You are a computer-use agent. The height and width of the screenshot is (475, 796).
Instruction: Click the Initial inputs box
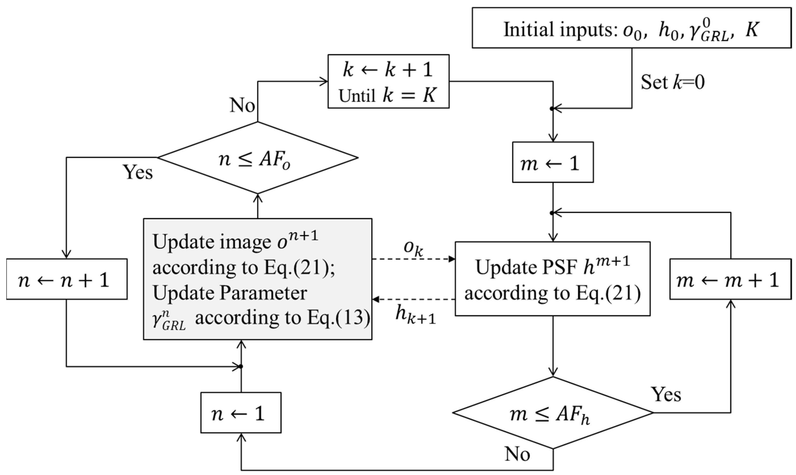tap(631, 28)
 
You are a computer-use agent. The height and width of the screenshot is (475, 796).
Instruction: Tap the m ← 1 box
tap(553, 162)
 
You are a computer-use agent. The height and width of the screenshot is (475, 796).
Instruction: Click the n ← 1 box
tap(241, 413)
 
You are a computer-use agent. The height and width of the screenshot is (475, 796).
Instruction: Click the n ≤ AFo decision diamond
tap(258, 158)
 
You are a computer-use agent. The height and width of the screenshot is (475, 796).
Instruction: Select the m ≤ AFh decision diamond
tap(553, 413)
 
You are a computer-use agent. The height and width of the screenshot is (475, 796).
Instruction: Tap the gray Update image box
tap(258, 279)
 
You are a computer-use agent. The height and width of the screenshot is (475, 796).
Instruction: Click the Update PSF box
tap(553, 279)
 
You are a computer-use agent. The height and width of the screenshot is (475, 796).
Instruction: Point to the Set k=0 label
tap(672, 82)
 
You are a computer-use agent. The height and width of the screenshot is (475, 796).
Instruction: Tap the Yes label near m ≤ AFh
tap(666, 394)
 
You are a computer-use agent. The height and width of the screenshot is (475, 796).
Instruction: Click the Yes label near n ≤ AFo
tap(138, 172)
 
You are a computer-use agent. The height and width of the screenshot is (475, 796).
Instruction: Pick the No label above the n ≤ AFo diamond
tap(242, 105)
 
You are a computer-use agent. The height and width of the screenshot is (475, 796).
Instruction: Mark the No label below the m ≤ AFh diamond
tap(517, 454)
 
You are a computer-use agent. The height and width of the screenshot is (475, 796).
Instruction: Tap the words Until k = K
tap(388, 95)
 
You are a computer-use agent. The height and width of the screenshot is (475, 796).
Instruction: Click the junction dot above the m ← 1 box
tap(552, 109)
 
